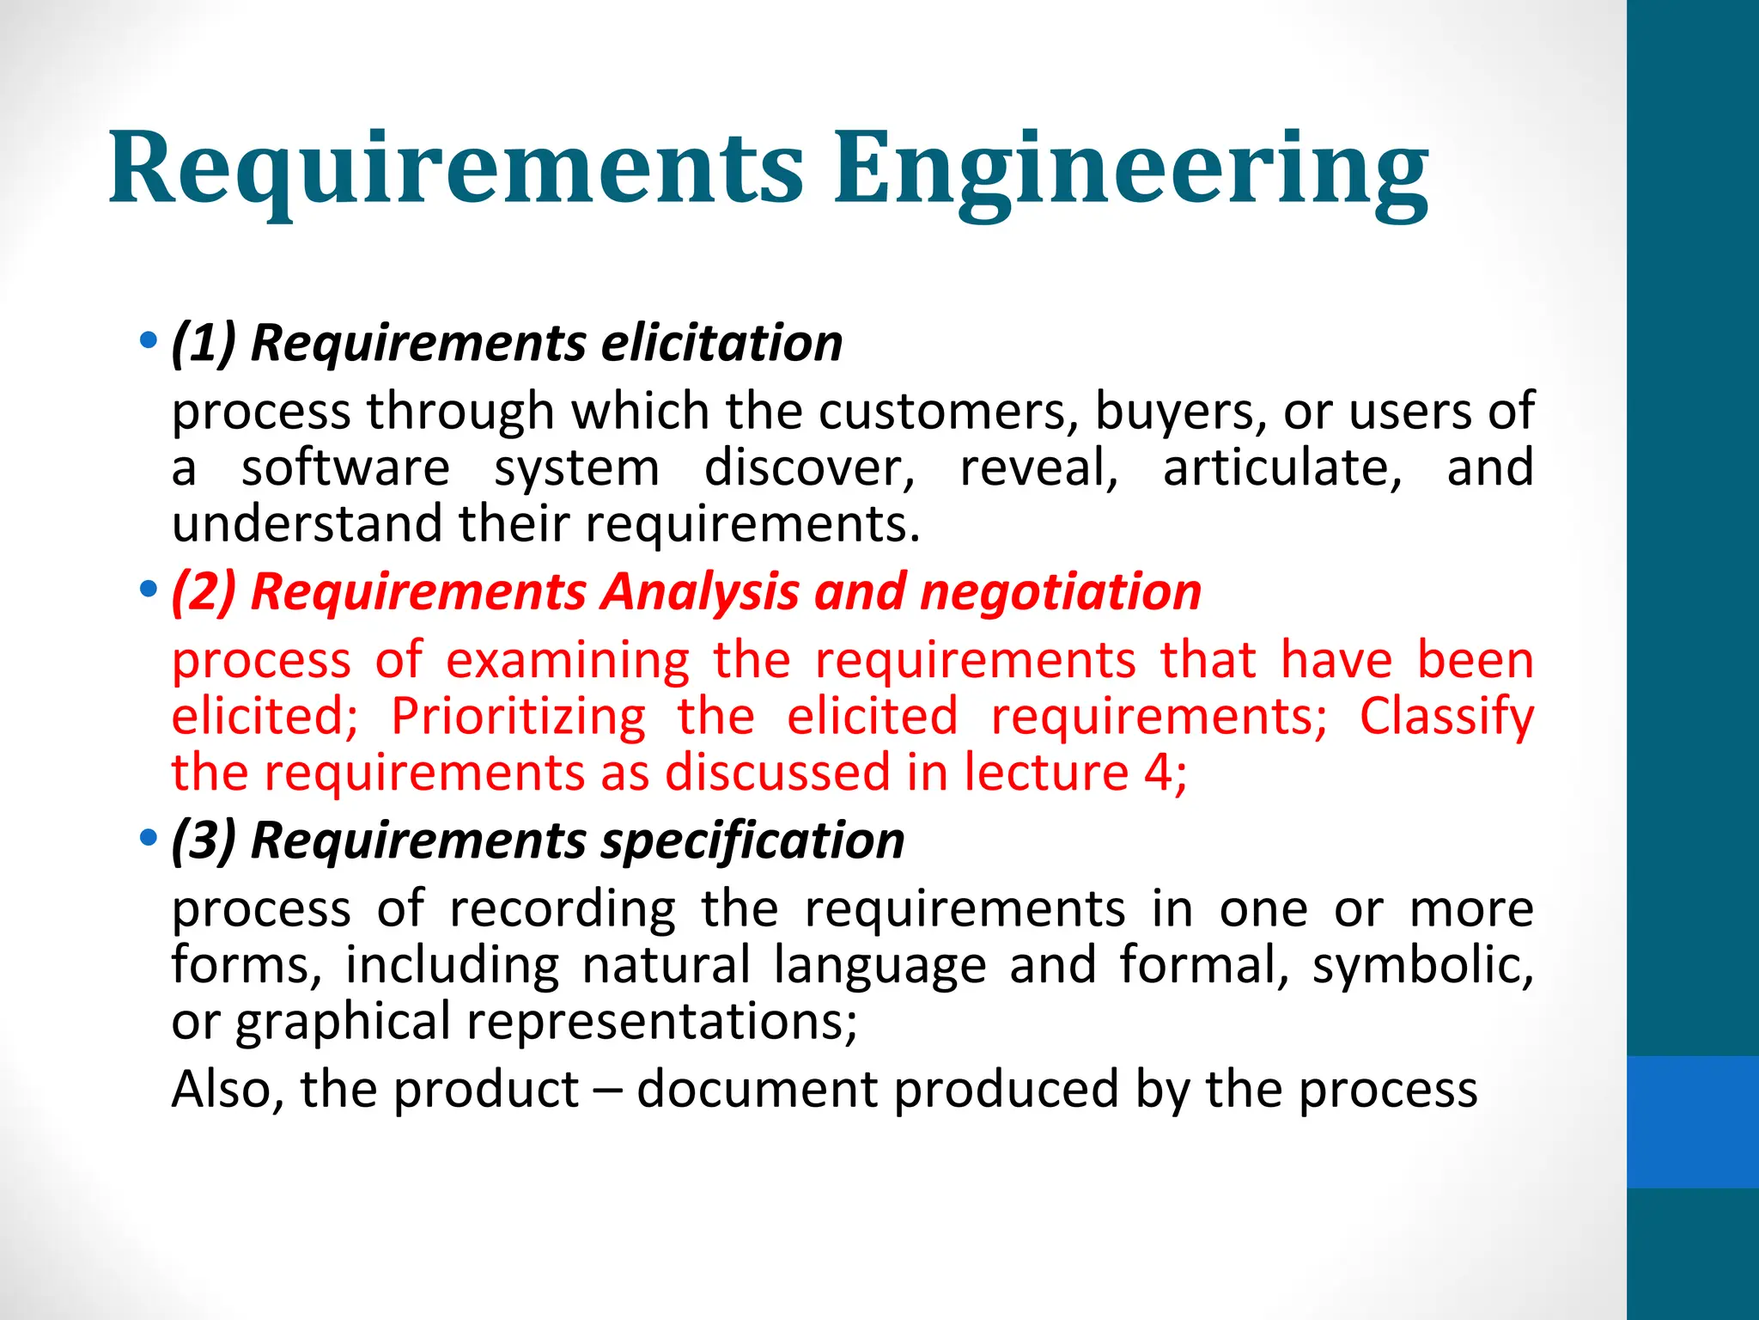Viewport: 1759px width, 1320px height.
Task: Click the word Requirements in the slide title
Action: (456, 168)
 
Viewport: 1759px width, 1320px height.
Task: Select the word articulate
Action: (1282, 467)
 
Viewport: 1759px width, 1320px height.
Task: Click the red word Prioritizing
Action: (518, 716)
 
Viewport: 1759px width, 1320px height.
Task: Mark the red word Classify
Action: (1446, 716)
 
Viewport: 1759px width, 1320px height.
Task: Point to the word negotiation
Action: (1060, 592)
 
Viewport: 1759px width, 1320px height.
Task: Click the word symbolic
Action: (1422, 964)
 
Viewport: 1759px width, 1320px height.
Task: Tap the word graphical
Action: (343, 1022)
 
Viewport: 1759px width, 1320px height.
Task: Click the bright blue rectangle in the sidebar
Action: (1692, 1121)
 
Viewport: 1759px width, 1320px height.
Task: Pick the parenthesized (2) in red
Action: (204, 592)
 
